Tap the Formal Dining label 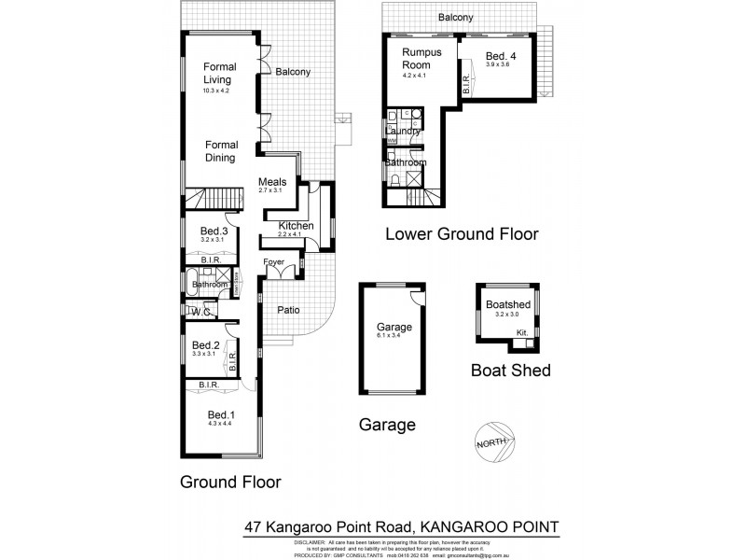pyautogui.click(x=221, y=151)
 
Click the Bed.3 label pyautogui.click(x=214, y=231)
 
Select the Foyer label pyautogui.click(x=274, y=262)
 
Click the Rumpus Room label pyautogui.click(x=421, y=60)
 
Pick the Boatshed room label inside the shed pyautogui.click(x=504, y=304)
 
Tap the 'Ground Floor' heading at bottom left pyautogui.click(x=230, y=482)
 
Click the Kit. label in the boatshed pyautogui.click(x=522, y=333)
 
